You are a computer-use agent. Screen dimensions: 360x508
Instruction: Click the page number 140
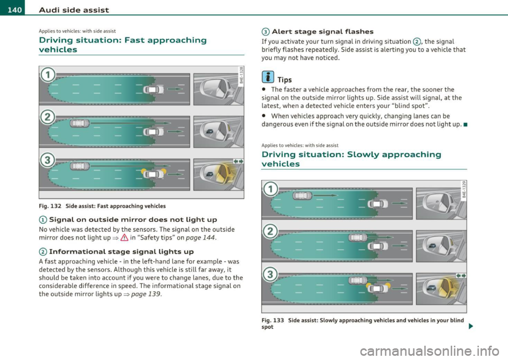[10, 6]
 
